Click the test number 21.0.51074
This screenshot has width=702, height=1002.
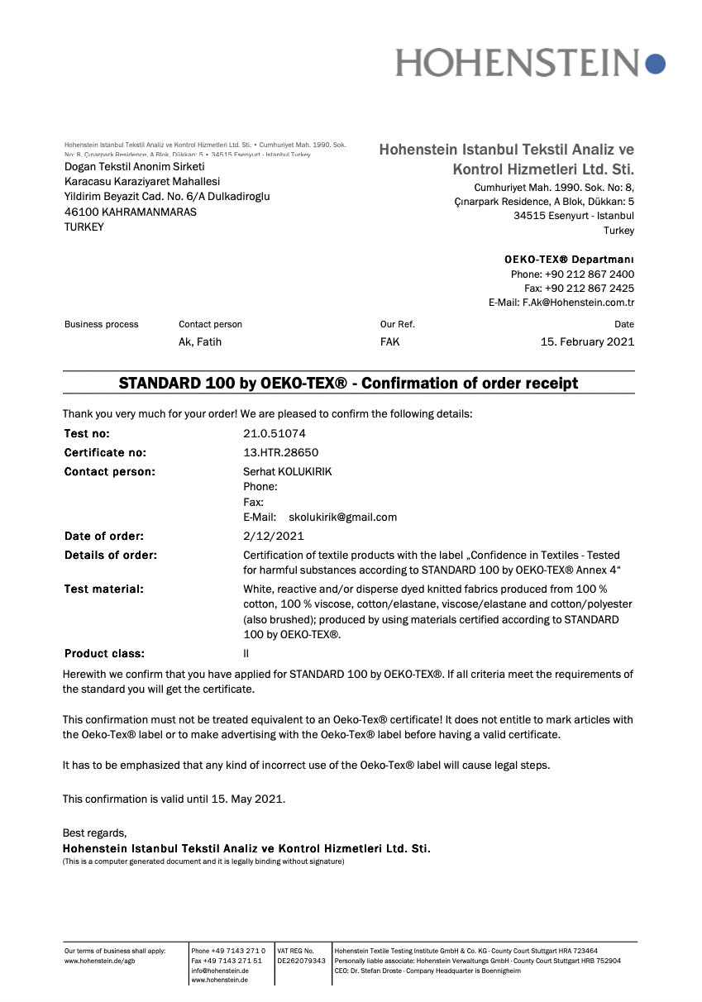click(269, 433)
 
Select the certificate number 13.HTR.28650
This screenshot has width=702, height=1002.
click(280, 452)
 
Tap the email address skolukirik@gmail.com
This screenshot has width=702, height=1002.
click(342, 518)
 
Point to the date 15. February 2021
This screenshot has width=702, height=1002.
click(587, 341)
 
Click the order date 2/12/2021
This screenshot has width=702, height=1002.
click(273, 536)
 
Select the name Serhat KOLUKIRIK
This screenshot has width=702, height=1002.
click(287, 472)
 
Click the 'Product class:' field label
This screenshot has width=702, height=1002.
click(104, 654)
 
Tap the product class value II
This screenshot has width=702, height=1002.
click(246, 654)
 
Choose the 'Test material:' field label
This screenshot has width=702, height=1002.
click(104, 589)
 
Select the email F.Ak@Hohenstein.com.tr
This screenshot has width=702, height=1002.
click(578, 303)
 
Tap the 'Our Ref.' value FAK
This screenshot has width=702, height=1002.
click(389, 341)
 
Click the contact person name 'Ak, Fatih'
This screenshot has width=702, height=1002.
click(200, 341)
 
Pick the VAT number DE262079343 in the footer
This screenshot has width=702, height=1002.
click(301, 961)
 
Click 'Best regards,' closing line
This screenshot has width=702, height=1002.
click(94, 833)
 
